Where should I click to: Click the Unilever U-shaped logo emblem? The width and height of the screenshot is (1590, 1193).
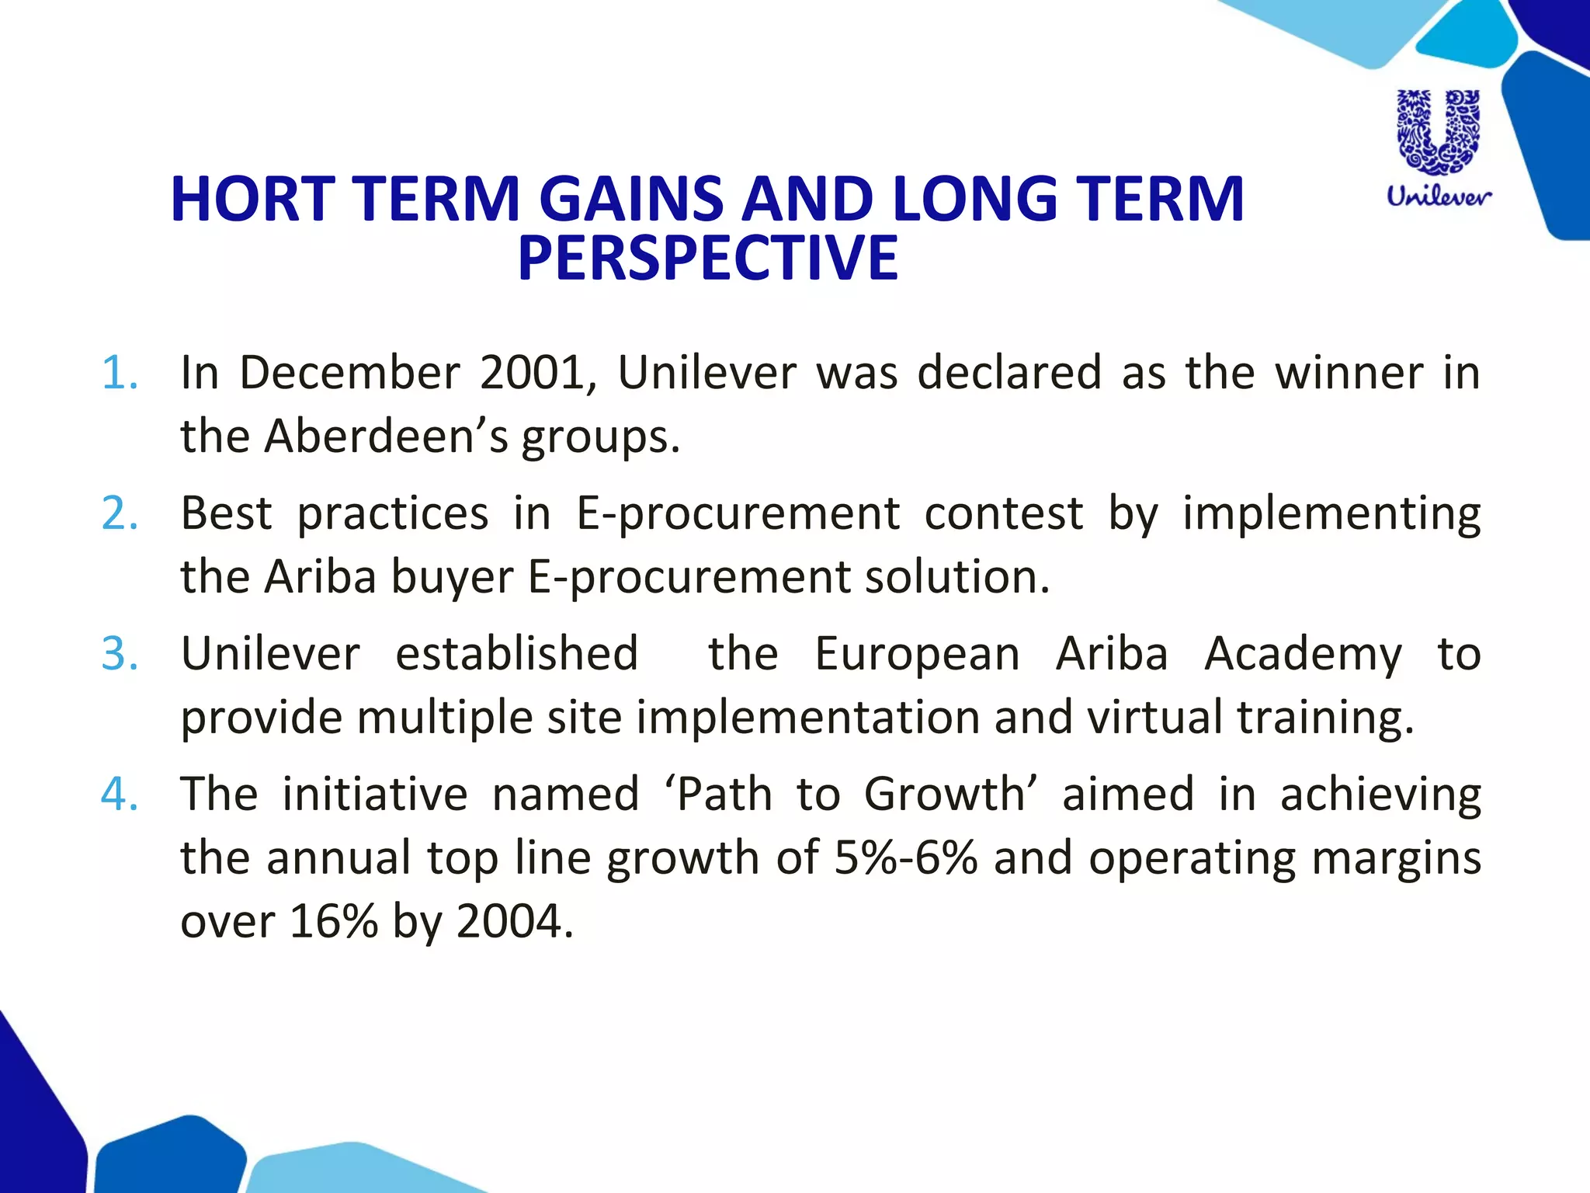click(1439, 132)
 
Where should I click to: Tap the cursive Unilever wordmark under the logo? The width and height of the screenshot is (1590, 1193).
click(1439, 196)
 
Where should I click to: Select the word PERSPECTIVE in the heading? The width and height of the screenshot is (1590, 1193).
click(707, 259)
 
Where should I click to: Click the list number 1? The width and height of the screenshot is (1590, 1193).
click(120, 373)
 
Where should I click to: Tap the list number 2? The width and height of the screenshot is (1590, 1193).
click(120, 513)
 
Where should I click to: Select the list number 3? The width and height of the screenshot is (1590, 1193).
click(120, 654)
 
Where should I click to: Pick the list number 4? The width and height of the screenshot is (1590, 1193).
click(120, 795)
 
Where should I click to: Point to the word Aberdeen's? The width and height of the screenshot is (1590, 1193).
click(386, 437)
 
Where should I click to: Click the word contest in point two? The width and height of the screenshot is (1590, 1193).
click(1003, 513)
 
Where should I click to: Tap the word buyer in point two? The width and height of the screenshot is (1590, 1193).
click(451, 578)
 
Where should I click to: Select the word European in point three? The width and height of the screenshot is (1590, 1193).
click(917, 654)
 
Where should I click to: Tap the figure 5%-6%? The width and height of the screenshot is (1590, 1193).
click(905, 858)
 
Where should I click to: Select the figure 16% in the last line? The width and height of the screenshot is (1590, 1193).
click(333, 922)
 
